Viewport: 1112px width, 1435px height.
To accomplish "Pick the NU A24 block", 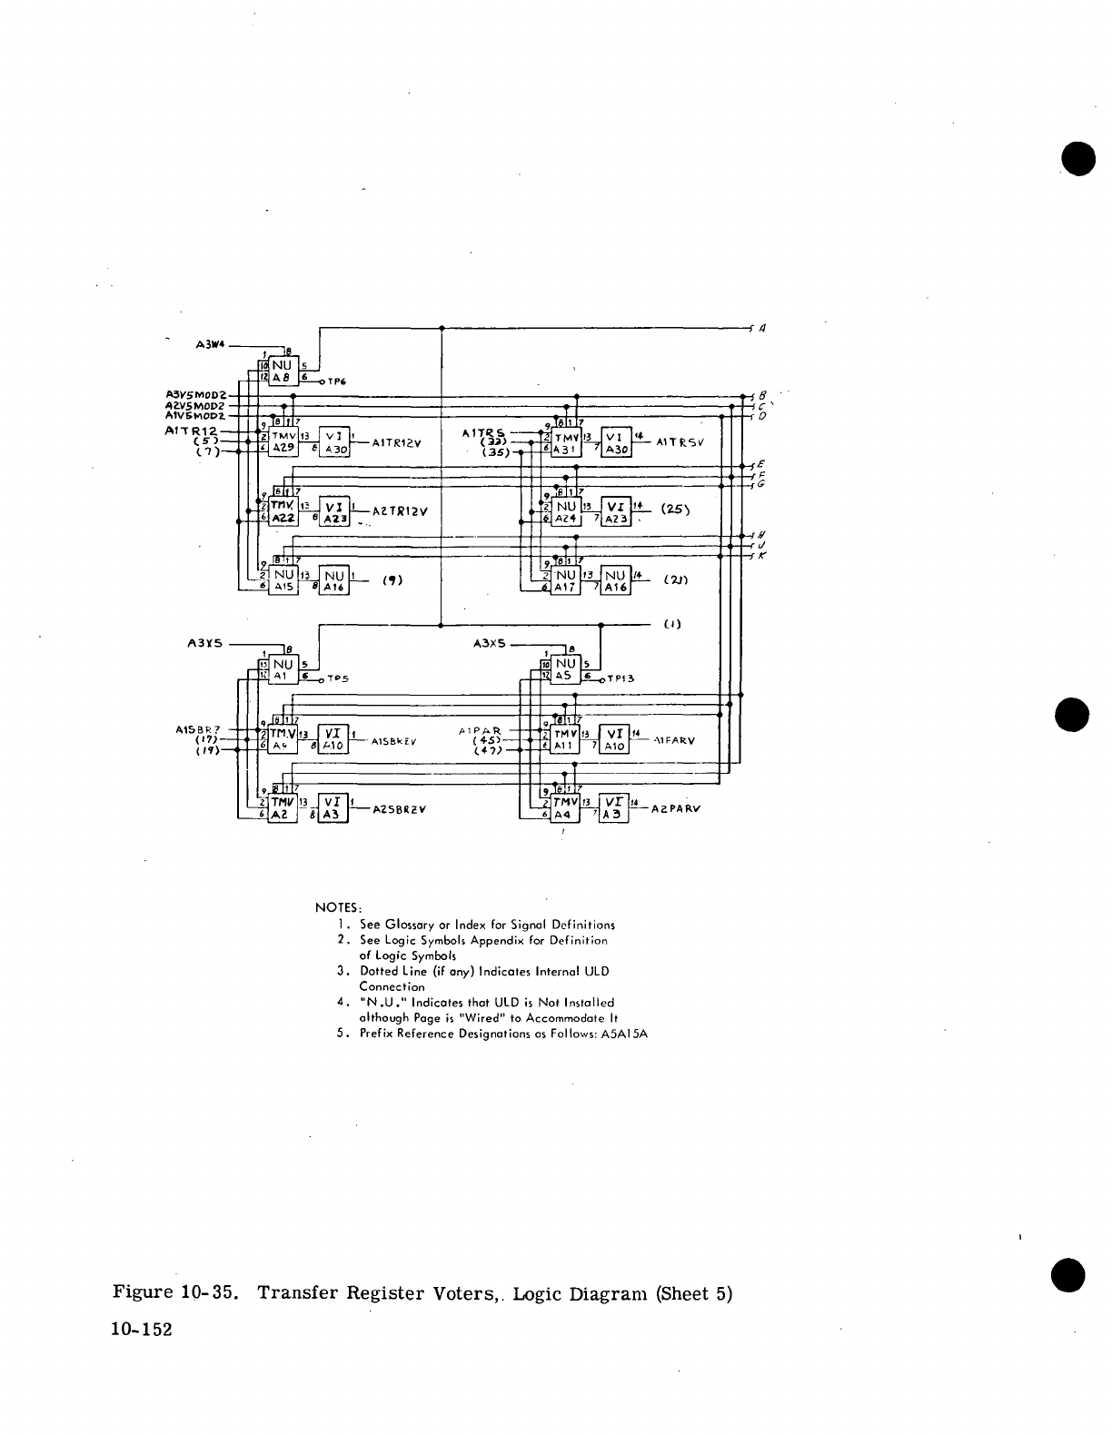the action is coord(566,513).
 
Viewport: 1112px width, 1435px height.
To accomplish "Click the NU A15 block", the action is coord(283,580).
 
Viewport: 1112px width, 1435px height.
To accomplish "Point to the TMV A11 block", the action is coord(565,738).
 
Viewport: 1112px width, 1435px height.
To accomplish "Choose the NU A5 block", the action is coord(565,669).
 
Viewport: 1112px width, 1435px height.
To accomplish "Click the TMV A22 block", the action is coord(282,511).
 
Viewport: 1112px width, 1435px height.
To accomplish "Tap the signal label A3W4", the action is coord(211,344).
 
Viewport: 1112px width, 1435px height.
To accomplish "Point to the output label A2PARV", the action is coord(676,808).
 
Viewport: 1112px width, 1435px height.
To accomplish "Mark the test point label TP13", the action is coord(621,678).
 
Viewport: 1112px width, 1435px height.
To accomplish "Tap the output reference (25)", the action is coord(676,509).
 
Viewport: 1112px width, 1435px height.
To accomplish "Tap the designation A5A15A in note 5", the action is coord(624,1034).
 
